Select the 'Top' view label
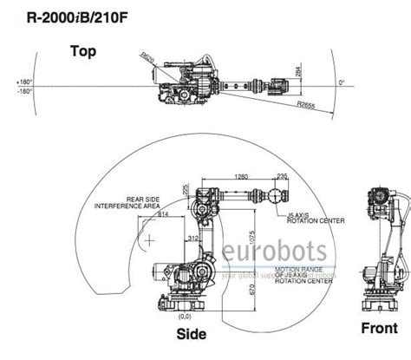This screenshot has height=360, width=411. click(x=84, y=51)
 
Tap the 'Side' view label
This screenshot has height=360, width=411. click(x=191, y=333)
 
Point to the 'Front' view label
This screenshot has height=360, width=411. click(x=380, y=328)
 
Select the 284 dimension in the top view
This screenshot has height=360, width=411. click(x=297, y=73)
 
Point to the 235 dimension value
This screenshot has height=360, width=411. click(x=281, y=177)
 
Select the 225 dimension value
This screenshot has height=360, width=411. click(x=186, y=188)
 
